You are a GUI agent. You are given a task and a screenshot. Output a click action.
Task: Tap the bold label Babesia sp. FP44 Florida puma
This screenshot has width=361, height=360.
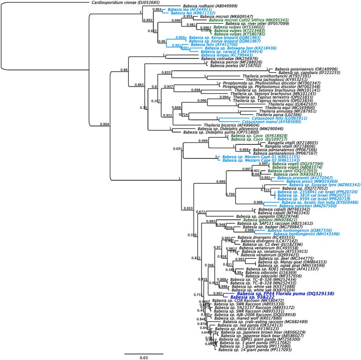(x=270, y=293)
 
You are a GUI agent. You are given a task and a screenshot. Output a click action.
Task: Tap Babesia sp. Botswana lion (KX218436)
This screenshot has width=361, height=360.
(x=236, y=48)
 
